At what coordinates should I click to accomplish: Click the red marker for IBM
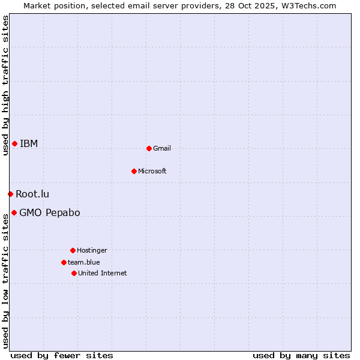14,143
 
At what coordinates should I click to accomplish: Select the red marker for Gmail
149,148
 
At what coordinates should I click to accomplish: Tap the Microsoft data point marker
134,171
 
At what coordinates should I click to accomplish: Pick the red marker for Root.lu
10,194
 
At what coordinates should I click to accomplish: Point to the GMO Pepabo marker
14,212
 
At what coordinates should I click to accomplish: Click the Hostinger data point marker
73,250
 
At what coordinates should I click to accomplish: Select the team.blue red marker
64,262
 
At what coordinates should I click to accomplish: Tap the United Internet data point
74,273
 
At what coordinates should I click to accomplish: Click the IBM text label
29,143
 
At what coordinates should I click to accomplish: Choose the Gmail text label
162,148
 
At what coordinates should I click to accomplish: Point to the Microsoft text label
152,171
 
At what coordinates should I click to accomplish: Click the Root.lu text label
32,194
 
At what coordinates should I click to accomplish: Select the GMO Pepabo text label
50,212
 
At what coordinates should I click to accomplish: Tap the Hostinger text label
92,250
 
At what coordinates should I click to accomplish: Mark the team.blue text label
84,262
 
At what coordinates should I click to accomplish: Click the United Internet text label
103,273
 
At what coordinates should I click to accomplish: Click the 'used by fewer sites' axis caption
62,355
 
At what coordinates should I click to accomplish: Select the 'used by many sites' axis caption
301,355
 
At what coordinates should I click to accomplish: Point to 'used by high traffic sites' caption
5,85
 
